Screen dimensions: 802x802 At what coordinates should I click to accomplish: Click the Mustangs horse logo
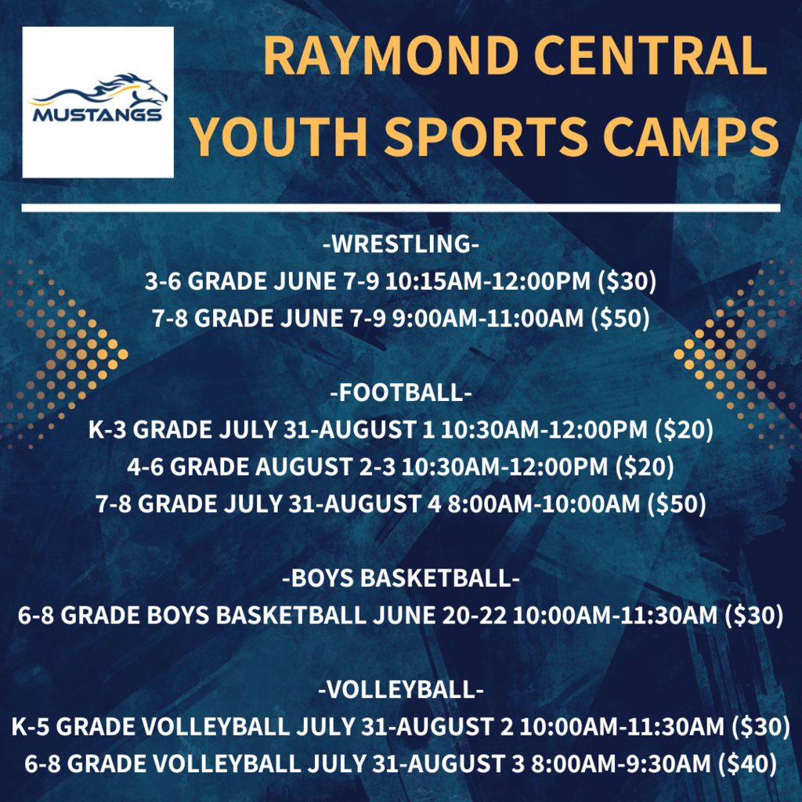98,98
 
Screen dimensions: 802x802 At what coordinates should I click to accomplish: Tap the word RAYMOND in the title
392,56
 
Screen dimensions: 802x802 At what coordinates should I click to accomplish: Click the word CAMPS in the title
691,136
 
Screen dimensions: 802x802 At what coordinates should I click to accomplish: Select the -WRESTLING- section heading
401,244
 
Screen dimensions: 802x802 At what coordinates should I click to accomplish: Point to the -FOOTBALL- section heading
401,392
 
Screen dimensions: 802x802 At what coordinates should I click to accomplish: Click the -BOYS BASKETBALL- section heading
401,578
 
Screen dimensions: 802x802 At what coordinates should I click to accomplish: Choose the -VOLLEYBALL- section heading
401,689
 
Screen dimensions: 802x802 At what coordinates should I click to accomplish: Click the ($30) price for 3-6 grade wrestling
627,281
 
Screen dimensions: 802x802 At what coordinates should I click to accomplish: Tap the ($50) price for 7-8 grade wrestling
620,318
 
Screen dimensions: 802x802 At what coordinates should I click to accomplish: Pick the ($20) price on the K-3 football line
684,429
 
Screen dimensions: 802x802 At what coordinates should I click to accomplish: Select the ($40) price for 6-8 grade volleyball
748,764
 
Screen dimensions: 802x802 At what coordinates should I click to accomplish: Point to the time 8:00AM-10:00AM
544,504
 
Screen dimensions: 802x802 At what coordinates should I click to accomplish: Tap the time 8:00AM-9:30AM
621,764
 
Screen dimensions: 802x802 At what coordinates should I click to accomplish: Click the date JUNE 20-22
440,615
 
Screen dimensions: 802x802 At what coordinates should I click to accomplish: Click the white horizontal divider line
401,208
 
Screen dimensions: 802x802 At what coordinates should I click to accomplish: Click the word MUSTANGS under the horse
97,114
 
